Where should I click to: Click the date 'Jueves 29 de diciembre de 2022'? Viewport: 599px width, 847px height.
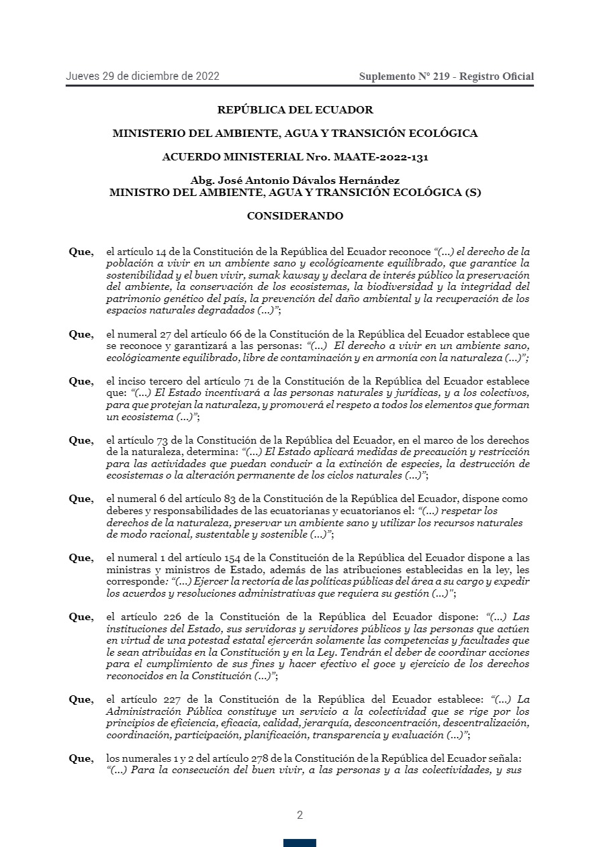[x=142, y=77]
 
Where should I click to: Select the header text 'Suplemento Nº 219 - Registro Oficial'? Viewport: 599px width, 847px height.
[x=447, y=77]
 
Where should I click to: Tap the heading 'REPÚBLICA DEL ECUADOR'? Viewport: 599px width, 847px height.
[x=295, y=109]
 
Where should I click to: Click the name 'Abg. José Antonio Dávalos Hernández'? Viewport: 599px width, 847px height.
[x=295, y=181]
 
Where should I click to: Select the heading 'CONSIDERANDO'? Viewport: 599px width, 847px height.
[x=295, y=216]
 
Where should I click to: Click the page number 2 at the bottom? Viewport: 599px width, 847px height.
[x=299, y=815]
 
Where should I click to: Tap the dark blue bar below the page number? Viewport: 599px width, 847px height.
[x=299, y=843]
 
